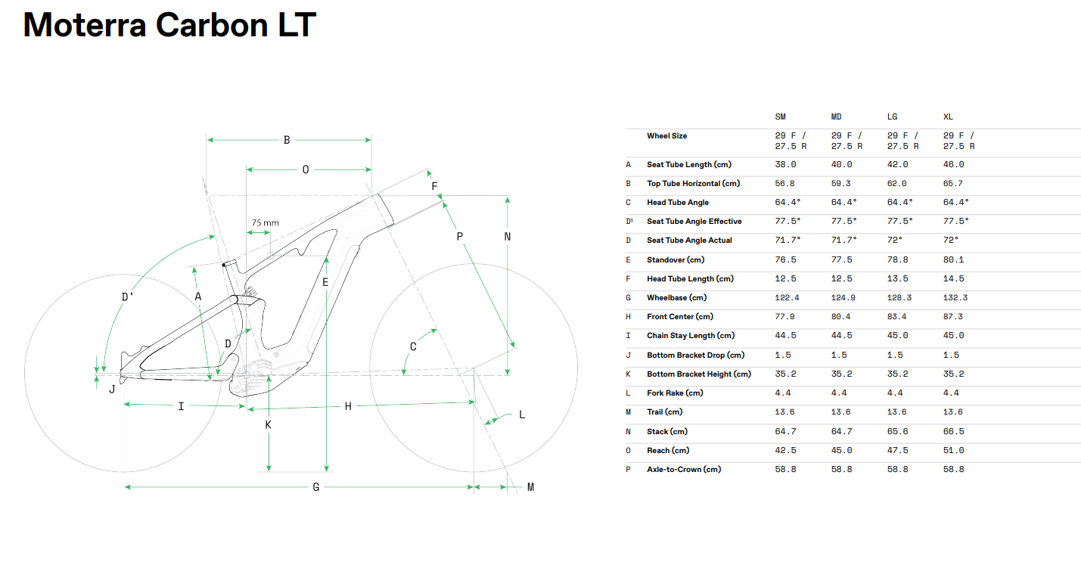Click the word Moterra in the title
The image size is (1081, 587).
click(x=85, y=25)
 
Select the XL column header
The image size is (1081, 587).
click(x=948, y=116)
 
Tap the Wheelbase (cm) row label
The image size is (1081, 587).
click(x=676, y=298)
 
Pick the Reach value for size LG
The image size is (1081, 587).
click(x=897, y=450)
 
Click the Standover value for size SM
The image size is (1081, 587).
click(x=785, y=259)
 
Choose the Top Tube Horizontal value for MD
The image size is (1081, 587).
click(x=841, y=183)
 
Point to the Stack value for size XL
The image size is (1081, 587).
click(x=954, y=432)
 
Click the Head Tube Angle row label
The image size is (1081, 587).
click(x=678, y=203)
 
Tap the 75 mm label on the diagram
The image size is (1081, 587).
click(x=265, y=223)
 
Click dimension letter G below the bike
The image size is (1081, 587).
click(x=316, y=487)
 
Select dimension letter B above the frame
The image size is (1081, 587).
click(x=287, y=140)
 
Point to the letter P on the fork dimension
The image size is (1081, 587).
click(x=459, y=237)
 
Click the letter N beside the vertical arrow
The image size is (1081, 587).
click(x=507, y=237)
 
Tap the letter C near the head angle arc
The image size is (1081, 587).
click(x=413, y=346)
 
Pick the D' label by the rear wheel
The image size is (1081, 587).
click(x=127, y=297)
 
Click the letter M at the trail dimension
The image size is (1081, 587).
click(x=531, y=487)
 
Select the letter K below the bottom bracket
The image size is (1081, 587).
click(x=269, y=425)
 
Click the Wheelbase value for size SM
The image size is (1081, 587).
click(x=787, y=298)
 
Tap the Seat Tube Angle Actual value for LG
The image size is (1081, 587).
click(x=895, y=241)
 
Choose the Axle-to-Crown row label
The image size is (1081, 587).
click(x=684, y=469)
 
